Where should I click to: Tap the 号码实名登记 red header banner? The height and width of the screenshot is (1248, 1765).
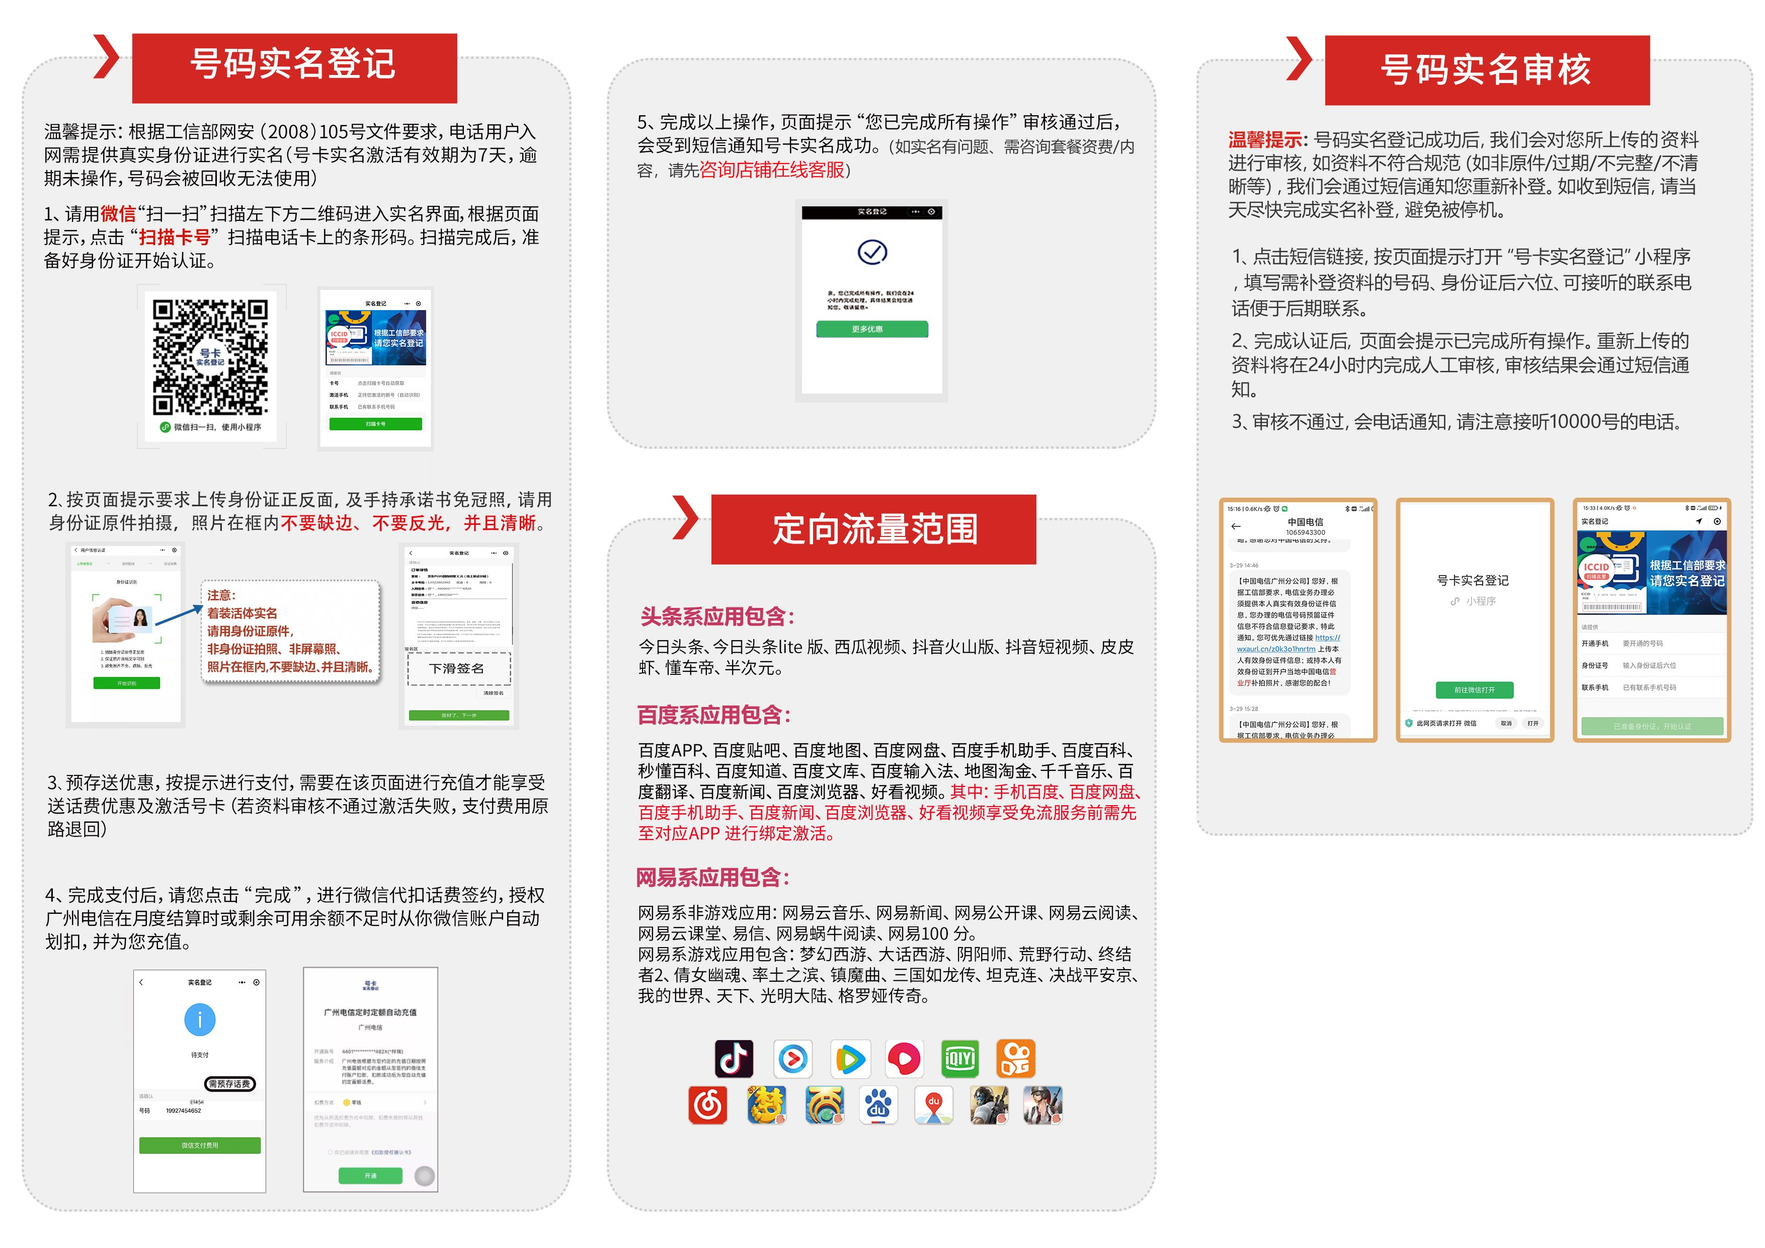tap(294, 67)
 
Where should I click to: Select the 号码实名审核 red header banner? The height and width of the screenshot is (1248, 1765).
tap(1487, 70)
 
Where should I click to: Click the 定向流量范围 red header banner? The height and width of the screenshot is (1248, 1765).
tap(873, 529)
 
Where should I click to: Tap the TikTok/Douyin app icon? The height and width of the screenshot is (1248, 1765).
tap(734, 1059)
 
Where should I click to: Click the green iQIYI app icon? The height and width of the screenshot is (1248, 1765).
tap(959, 1059)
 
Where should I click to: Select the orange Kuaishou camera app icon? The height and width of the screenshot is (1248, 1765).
tap(1015, 1059)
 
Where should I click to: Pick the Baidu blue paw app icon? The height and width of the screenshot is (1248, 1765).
tap(877, 1106)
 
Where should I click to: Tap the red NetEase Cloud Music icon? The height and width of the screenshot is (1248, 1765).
tap(707, 1106)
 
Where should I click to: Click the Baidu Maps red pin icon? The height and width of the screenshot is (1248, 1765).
tap(933, 1106)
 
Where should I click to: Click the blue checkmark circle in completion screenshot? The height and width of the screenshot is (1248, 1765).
tap(872, 252)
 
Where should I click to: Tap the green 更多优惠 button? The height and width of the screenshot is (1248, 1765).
tap(872, 329)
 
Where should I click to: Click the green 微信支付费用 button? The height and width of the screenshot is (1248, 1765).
tap(200, 1145)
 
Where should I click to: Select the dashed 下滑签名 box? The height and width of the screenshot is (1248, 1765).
tap(459, 668)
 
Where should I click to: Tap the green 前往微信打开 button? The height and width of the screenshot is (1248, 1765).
tap(1474, 690)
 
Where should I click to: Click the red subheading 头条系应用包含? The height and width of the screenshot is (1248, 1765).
tap(717, 616)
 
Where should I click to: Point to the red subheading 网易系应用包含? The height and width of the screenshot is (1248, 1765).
tap(712, 877)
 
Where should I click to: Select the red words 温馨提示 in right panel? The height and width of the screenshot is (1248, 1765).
tap(1264, 140)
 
